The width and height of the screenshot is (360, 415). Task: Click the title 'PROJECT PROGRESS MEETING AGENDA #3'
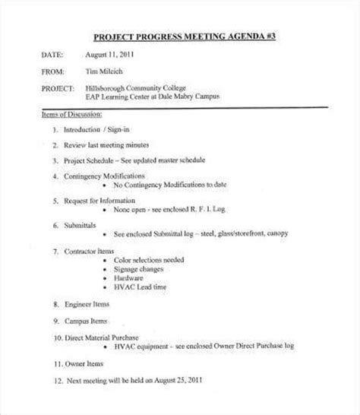(x=179, y=36)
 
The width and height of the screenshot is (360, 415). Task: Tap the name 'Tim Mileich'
(x=105, y=73)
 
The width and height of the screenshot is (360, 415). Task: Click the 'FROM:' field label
(x=51, y=73)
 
